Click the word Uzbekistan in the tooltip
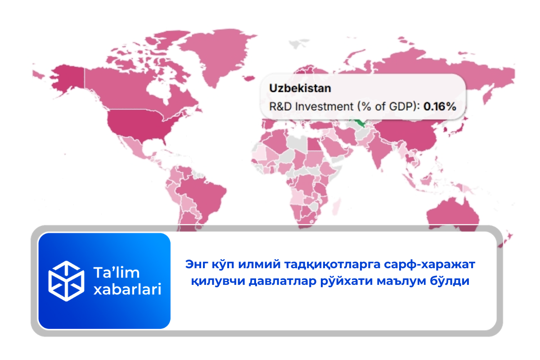300,88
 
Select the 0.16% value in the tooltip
440,107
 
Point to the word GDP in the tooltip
399,107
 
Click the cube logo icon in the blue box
67,281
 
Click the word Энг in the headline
195,265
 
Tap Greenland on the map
216,49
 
